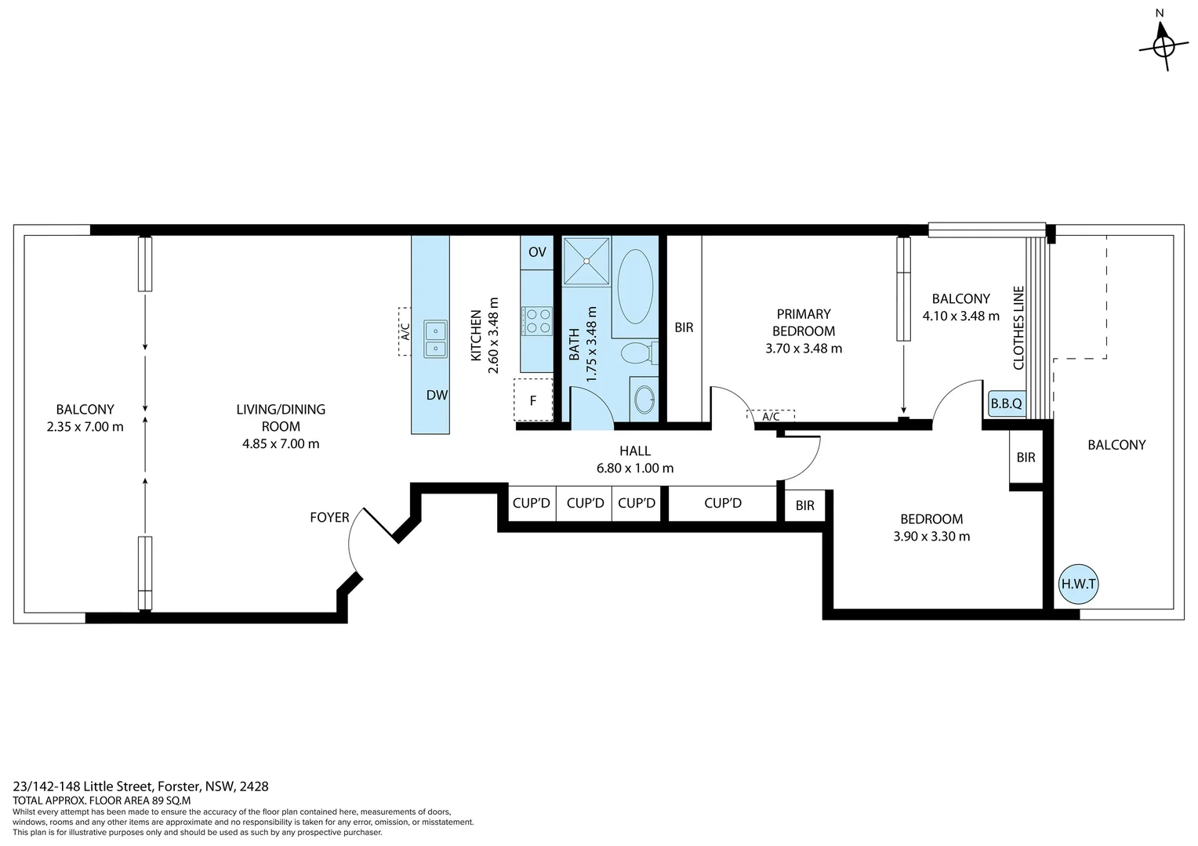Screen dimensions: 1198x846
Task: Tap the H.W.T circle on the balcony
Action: pos(1078,584)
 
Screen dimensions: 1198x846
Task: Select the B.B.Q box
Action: pos(1006,403)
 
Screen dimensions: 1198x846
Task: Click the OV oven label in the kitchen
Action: pos(537,251)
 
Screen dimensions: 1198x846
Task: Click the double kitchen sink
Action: pos(435,339)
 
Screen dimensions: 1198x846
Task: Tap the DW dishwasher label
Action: pos(437,395)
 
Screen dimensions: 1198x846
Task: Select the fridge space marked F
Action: pos(532,399)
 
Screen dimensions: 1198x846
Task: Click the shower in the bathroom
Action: pos(586,262)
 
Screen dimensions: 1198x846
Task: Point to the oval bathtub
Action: pos(635,286)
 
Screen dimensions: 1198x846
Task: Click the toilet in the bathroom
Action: pos(639,353)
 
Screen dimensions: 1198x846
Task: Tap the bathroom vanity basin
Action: pos(644,399)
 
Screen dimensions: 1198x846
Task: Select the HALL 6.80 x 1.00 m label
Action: pos(635,459)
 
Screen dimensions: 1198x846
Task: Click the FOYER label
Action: pos(329,517)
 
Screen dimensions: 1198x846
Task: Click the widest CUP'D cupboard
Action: pos(723,503)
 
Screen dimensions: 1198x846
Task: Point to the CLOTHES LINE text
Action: pos(1018,327)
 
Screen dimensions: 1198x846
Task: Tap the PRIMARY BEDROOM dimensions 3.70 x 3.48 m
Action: pos(804,349)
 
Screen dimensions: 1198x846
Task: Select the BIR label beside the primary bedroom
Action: pos(684,327)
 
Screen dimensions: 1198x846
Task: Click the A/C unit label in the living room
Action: pos(405,331)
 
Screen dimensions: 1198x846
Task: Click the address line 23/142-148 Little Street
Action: pos(140,786)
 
